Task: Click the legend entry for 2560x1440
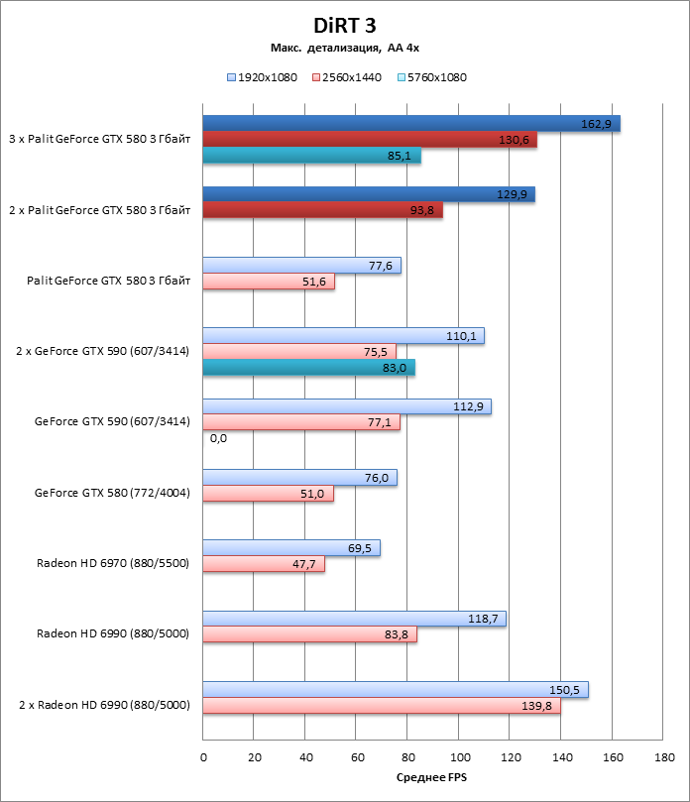pyautogui.click(x=347, y=76)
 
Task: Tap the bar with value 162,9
pyautogui.click(x=411, y=123)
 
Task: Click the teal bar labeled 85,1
pyautogui.click(x=311, y=156)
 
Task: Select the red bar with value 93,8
pyautogui.click(x=322, y=210)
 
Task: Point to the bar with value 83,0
pyautogui.click(x=308, y=368)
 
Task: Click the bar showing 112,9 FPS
pyautogui.click(x=347, y=406)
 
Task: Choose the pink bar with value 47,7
pyautogui.click(x=264, y=564)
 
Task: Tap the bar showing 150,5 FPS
pyautogui.click(x=396, y=689)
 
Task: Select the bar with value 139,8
pyautogui.click(x=382, y=706)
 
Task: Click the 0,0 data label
pyautogui.click(x=218, y=438)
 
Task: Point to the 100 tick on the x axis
pyautogui.click(x=459, y=757)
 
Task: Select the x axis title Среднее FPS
pyautogui.click(x=431, y=778)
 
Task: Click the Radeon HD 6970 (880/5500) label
pyautogui.click(x=113, y=563)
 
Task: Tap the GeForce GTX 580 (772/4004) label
pyautogui.click(x=112, y=493)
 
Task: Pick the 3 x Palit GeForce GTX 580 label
pyautogui.click(x=99, y=140)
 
